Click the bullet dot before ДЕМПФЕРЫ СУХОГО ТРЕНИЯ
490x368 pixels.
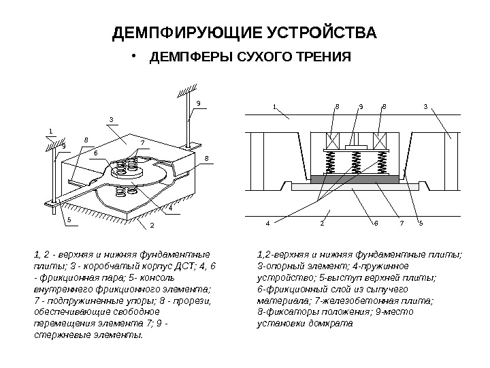(x=135, y=56)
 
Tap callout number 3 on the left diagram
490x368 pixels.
(x=110, y=120)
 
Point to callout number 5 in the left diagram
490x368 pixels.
(x=69, y=219)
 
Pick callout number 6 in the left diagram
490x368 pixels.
(x=95, y=153)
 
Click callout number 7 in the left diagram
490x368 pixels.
(x=142, y=142)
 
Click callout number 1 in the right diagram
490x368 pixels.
(x=274, y=107)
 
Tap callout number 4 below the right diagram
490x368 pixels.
(x=268, y=223)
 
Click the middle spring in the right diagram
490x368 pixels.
(x=354, y=164)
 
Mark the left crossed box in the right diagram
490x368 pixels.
(x=335, y=141)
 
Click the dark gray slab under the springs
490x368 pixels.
(x=354, y=179)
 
